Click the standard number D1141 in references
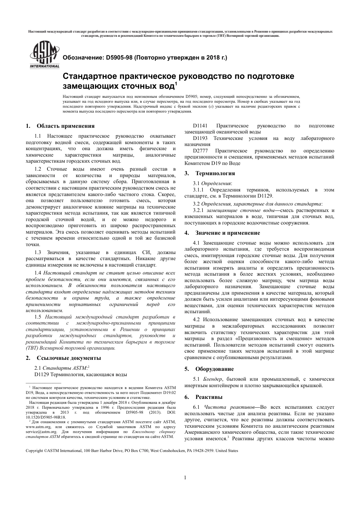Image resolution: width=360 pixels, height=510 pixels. click(x=200, y=126)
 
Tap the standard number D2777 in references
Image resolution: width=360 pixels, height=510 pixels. click(x=200, y=151)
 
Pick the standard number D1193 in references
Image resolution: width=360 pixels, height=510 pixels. click(x=200, y=138)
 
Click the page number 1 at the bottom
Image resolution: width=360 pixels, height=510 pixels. click(x=185, y=477)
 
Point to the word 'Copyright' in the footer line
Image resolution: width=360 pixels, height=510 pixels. click(x=34, y=451)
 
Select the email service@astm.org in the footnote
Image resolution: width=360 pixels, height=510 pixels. click(x=41, y=432)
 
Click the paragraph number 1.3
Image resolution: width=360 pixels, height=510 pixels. click(x=38, y=252)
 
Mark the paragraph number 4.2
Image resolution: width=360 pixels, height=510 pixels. click(x=196, y=320)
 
